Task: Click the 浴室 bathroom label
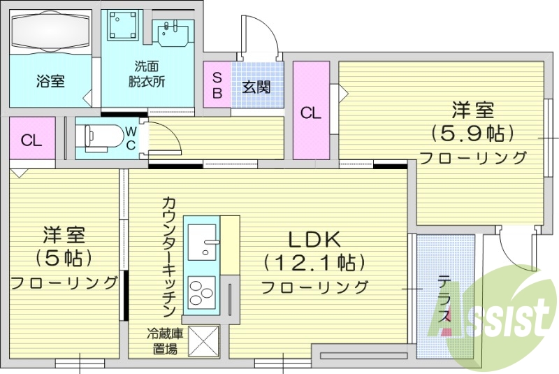point(50,81)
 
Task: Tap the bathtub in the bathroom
point(50,32)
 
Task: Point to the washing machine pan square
point(122,27)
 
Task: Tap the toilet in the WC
point(98,138)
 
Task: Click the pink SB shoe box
point(217,85)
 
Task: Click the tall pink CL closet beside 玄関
point(311,112)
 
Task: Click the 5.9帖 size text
point(473,133)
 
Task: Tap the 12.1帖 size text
point(314,263)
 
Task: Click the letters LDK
point(314,239)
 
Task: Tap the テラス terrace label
point(444,300)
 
